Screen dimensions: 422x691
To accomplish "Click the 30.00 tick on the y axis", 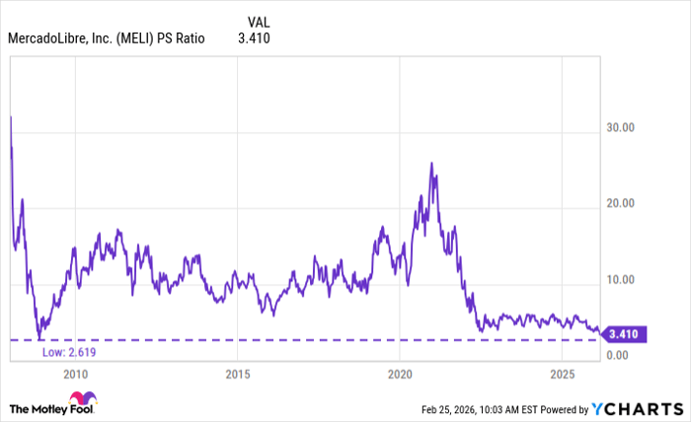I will tap(624, 127).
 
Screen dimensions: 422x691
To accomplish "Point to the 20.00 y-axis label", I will tap(624, 203).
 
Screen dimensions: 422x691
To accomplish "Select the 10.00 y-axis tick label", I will tap(624, 279).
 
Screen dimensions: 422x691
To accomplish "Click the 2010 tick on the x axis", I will tap(75, 374).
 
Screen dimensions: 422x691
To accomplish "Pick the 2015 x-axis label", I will tap(237, 374).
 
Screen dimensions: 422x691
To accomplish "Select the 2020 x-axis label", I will tap(399, 374).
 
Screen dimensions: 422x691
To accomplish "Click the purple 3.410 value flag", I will tap(622, 333).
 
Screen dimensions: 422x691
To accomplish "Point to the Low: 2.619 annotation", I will tap(70, 352).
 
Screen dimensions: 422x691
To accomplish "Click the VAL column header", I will tap(256, 21).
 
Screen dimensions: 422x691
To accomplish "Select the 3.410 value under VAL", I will tap(254, 39).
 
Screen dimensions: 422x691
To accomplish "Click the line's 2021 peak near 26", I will tap(431, 164).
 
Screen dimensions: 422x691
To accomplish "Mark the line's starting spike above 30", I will tap(11, 117).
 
